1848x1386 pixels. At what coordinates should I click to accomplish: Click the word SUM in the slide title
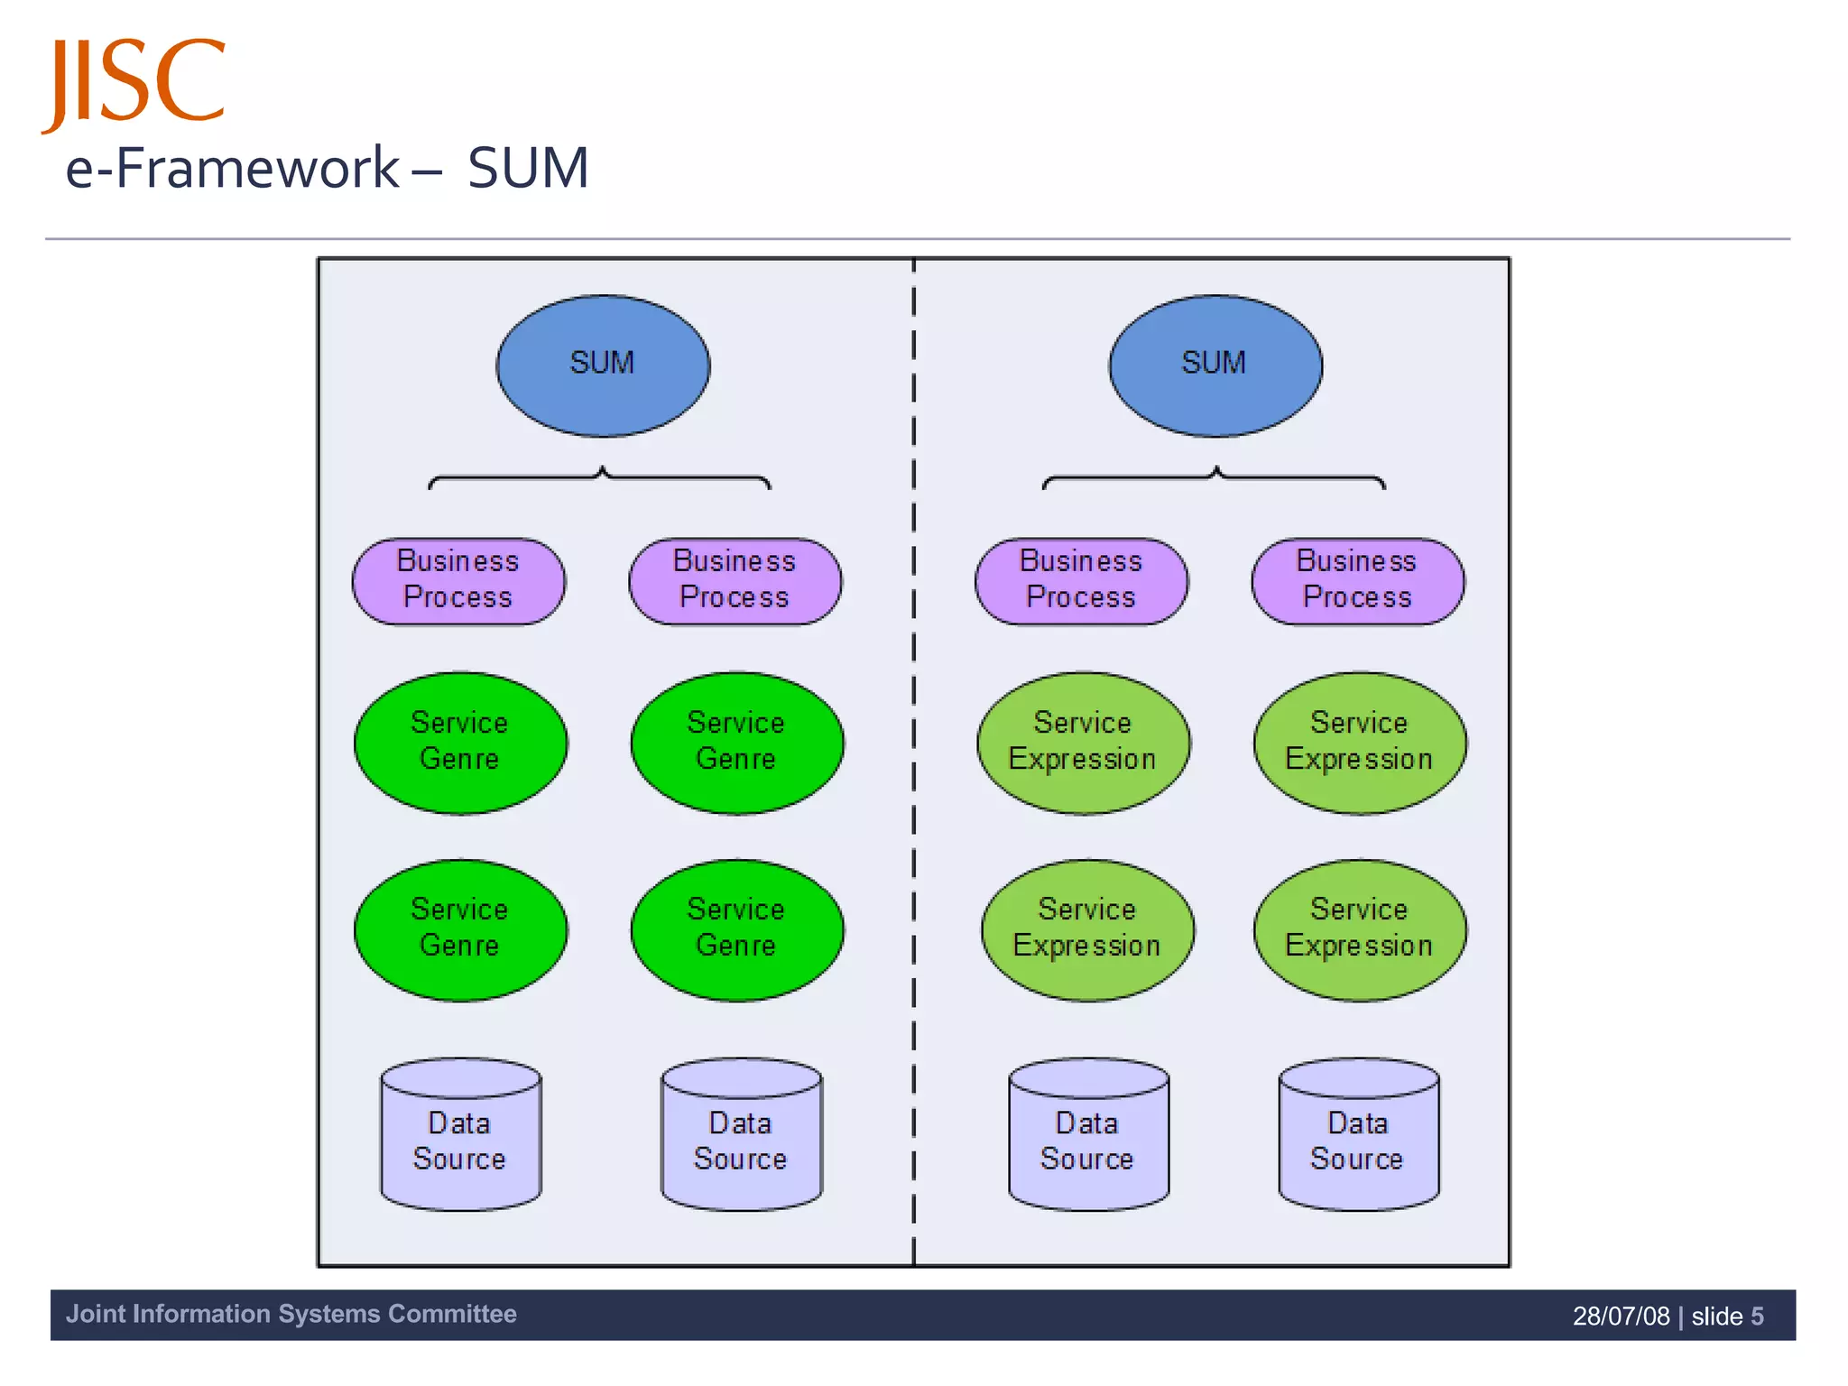(x=528, y=168)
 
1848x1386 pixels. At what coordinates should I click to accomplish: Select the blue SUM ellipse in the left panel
(x=603, y=365)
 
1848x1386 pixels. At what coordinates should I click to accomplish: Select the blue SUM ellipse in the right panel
(x=1215, y=365)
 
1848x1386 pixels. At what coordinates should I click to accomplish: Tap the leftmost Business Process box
(x=458, y=580)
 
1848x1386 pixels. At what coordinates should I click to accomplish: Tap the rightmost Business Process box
(x=1357, y=580)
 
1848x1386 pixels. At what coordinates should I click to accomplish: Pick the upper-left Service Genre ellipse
(x=460, y=742)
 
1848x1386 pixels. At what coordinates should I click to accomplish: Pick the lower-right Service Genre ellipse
(x=736, y=929)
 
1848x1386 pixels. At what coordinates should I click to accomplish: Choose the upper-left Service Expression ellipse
(x=1083, y=742)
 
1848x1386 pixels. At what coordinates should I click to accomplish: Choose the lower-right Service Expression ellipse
(x=1359, y=929)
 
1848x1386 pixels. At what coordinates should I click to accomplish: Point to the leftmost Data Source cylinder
(x=460, y=1140)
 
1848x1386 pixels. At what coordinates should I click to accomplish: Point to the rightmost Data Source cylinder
(x=1358, y=1140)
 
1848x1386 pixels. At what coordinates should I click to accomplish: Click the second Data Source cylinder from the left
(x=741, y=1140)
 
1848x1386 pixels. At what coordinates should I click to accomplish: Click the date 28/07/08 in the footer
(x=1621, y=1316)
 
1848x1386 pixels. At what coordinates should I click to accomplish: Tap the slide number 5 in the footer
(x=1757, y=1316)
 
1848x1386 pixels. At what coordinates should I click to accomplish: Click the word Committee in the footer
(x=451, y=1314)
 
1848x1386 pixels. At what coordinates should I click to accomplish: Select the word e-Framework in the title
(x=233, y=168)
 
